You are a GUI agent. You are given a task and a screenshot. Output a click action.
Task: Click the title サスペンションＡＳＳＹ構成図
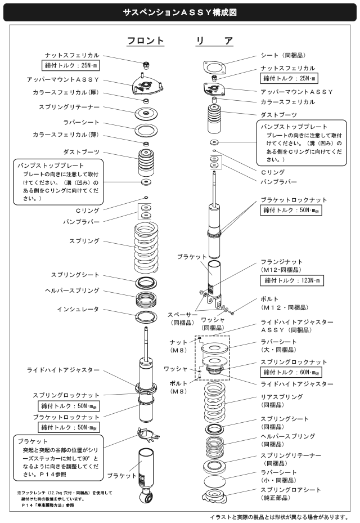click(x=179, y=13)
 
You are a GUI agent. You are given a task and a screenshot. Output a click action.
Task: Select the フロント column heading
click(x=146, y=41)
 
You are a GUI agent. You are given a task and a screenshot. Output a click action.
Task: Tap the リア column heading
click(x=214, y=41)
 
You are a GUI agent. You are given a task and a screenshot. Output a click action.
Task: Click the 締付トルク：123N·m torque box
click(x=292, y=280)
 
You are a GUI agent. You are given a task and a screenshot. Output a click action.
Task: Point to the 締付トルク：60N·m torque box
click(x=291, y=372)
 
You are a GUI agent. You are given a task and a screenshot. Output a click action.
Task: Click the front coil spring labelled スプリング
click(x=146, y=247)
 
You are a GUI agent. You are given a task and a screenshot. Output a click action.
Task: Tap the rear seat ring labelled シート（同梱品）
click(x=214, y=68)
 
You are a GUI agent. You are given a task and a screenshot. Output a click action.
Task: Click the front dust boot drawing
click(x=146, y=163)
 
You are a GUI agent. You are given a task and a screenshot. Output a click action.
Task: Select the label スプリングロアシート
click(x=291, y=490)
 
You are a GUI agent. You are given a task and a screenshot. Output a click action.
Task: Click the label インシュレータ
click(x=78, y=309)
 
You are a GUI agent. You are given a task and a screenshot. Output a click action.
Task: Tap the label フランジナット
click(x=282, y=262)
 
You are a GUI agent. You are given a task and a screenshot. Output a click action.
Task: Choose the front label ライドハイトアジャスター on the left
click(x=64, y=370)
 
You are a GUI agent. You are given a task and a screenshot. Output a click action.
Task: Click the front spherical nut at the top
click(x=146, y=64)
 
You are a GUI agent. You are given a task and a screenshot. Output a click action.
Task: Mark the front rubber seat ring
click(x=146, y=129)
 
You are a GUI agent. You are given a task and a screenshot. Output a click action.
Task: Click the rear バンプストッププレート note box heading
click(x=294, y=127)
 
